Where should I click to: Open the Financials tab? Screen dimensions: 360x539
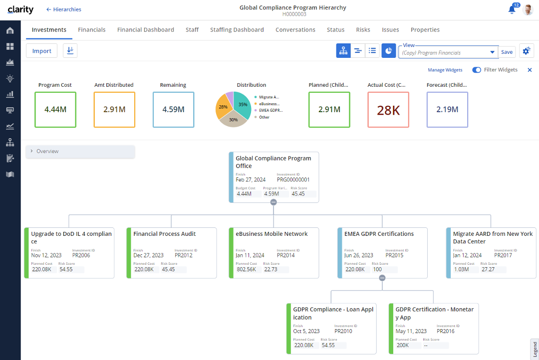[x=92, y=30]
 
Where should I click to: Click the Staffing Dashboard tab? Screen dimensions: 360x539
[x=237, y=30]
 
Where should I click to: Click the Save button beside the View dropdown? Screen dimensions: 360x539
[x=507, y=52]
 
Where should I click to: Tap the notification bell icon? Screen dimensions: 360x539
[x=512, y=9]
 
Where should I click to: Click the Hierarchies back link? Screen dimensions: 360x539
[x=63, y=9]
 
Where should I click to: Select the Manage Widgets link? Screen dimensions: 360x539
[x=445, y=70]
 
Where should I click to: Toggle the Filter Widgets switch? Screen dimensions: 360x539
[x=477, y=70]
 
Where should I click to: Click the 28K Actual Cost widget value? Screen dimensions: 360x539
[x=388, y=110]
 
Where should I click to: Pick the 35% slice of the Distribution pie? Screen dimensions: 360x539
[x=242, y=105]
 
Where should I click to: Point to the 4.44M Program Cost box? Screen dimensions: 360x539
[x=55, y=109]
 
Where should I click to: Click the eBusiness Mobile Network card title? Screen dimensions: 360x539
[x=271, y=234]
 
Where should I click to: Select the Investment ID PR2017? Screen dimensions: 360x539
[x=504, y=255]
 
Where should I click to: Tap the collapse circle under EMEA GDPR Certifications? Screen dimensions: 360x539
[x=382, y=278]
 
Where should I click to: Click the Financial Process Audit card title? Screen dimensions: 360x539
[x=165, y=234]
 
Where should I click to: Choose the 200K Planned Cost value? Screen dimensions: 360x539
[x=403, y=345]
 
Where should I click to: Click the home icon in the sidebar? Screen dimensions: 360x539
[x=10, y=30]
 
